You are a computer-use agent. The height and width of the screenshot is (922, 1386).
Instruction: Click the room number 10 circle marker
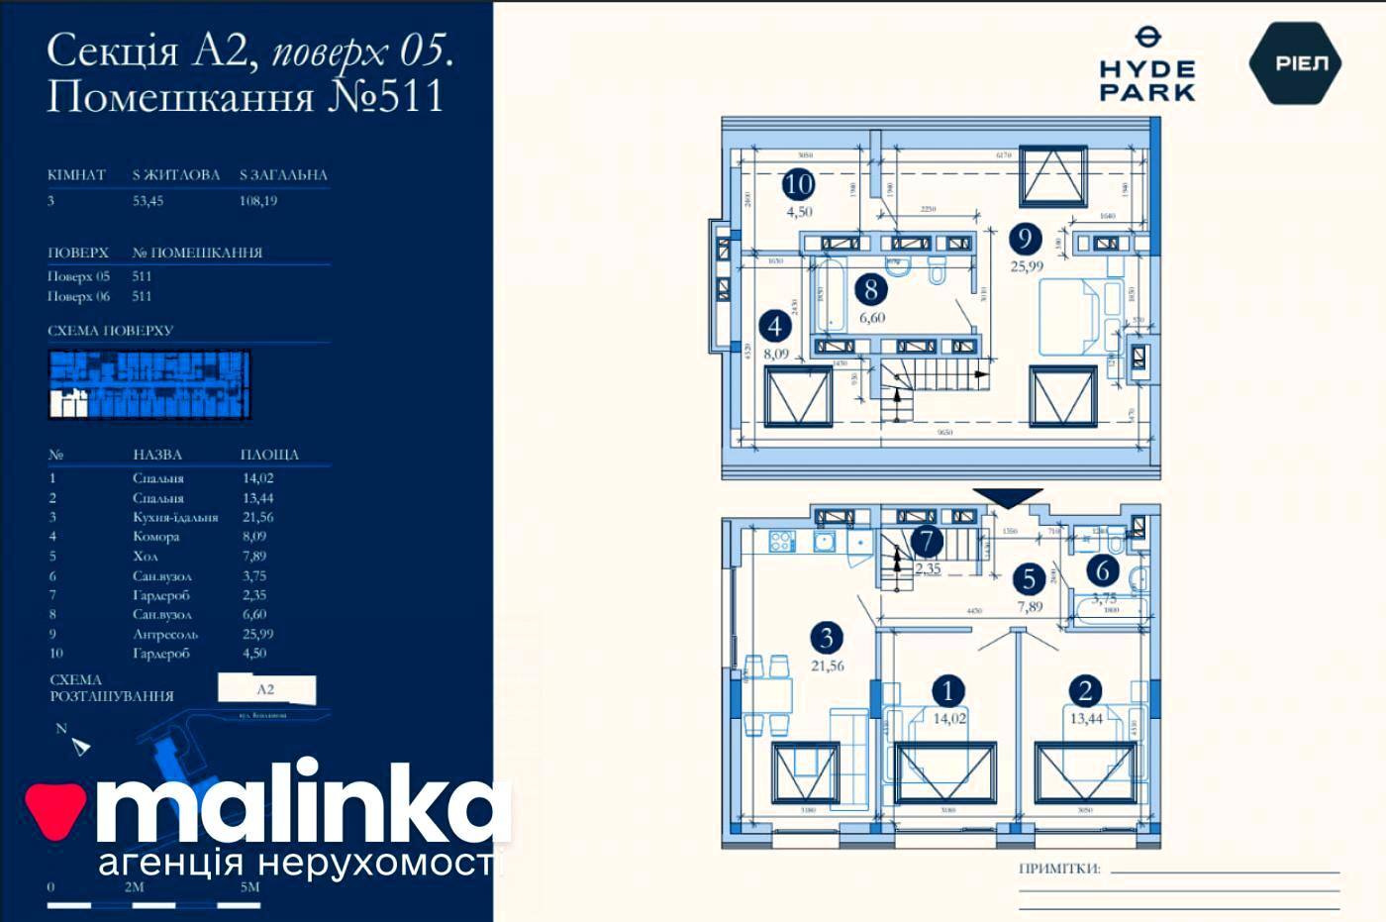click(798, 183)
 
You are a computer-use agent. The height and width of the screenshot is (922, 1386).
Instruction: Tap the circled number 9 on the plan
click(1025, 238)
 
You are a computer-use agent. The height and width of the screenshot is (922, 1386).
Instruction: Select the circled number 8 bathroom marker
click(870, 289)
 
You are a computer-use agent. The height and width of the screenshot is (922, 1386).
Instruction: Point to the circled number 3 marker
click(826, 638)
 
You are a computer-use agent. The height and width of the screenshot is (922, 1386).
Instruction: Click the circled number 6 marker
click(1102, 570)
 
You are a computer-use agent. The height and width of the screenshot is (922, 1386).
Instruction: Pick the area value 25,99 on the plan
click(1026, 265)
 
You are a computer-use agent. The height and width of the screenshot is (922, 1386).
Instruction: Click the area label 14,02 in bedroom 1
click(949, 719)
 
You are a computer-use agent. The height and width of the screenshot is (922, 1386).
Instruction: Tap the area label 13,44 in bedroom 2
click(1086, 719)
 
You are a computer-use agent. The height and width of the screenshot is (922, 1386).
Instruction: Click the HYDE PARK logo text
click(1147, 79)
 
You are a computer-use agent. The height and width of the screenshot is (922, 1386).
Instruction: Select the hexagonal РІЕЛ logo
click(1295, 63)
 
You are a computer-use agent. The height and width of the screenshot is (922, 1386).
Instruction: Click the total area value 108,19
click(258, 200)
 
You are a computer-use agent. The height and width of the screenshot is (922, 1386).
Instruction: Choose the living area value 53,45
click(148, 200)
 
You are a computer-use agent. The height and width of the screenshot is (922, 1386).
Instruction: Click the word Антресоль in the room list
click(165, 634)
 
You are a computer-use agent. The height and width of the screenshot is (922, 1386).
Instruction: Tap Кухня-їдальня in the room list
click(175, 517)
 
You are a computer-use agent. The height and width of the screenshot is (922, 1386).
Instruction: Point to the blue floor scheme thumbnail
click(148, 384)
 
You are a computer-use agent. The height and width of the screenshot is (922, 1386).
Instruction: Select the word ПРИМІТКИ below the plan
click(1059, 869)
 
